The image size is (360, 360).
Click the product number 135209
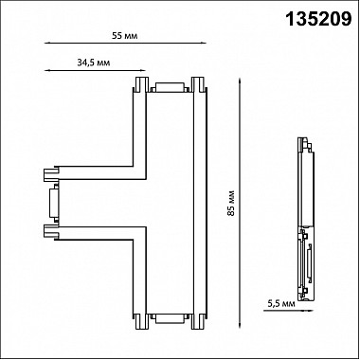pos(318,19)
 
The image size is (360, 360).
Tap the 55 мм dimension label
pos(125,36)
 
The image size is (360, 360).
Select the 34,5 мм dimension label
pos(94,63)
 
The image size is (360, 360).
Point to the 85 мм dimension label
pos(231,203)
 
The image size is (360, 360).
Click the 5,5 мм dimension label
pos(281,304)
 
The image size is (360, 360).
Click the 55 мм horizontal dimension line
pos(125,43)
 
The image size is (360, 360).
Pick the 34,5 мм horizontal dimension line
pos(95,70)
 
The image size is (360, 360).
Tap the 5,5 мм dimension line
pos(288,311)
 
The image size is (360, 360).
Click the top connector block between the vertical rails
pos(170,87)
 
